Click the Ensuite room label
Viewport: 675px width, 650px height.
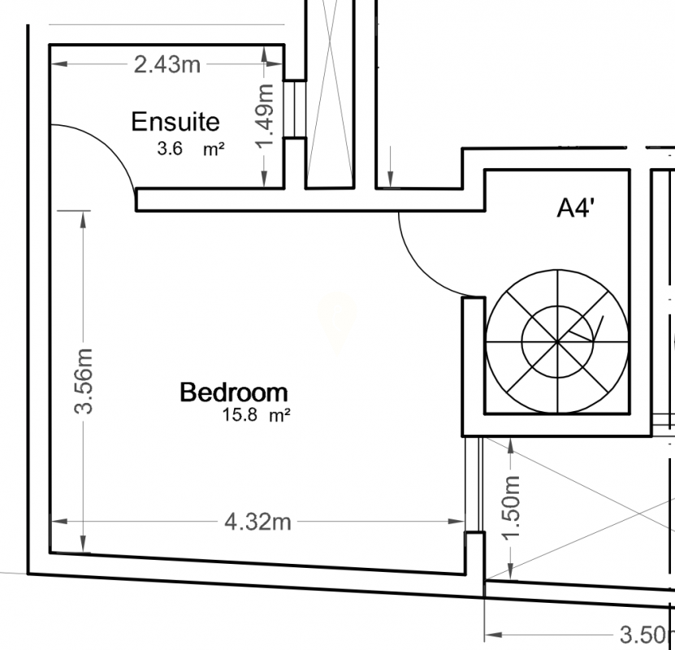[175, 122]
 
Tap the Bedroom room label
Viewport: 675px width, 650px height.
[234, 392]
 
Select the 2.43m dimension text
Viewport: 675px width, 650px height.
[167, 65]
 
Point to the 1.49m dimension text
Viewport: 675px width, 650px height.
[265, 115]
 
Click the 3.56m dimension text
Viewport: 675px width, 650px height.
[83, 381]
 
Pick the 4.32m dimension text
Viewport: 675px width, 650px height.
[257, 522]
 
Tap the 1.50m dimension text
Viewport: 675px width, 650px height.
[511, 508]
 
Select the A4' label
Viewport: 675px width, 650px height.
[576, 208]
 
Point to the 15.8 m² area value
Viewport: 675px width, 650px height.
[256, 415]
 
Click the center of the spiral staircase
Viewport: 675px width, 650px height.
[557, 342]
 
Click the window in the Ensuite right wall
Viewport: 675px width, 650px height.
[295, 110]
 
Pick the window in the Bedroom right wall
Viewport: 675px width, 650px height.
[474, 485]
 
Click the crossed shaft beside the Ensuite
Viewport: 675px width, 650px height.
[330, 93]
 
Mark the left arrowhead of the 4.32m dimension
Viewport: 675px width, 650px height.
[59, 522]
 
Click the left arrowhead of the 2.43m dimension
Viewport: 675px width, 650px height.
[59, 64]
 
